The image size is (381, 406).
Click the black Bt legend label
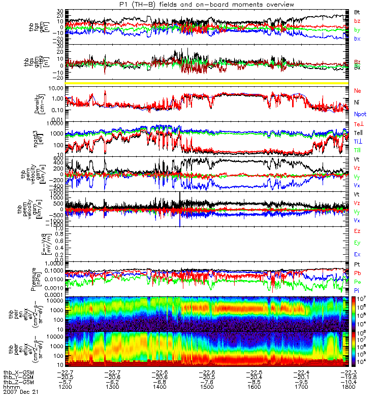(357, 12)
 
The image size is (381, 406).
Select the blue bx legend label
(357, 39)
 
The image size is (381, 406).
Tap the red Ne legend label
(358, 90)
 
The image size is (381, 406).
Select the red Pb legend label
(358, 273)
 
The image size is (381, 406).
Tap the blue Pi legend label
(357, 290)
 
